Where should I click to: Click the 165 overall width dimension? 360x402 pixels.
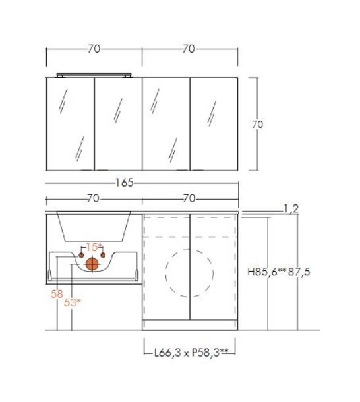pos(125,183)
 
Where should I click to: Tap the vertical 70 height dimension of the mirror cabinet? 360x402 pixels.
pos(257,125)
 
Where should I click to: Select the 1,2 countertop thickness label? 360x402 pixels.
pos(291,209)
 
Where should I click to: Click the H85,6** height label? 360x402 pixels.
pos(267,272)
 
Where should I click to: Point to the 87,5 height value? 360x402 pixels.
pos(299,272)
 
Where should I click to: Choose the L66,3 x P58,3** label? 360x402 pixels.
pos(191,353)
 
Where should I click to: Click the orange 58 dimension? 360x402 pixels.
pos(57,294)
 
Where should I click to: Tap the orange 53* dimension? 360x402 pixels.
pos(72,302)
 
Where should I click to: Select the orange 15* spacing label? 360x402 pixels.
pos(94,247)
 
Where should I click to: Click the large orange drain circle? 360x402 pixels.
pos(92,264)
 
